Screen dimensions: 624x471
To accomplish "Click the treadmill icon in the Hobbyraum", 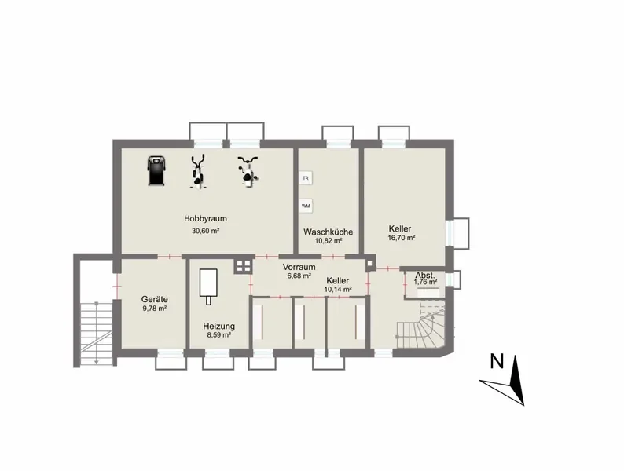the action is click(156, 171).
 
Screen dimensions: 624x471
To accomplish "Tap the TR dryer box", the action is click(306, 178).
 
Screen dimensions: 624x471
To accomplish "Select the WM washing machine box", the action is click(306, 206).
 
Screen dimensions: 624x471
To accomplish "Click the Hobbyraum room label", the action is click(205, 218).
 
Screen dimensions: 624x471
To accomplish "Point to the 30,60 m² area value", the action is click(206, 231).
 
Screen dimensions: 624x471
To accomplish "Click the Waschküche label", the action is click(328, 232).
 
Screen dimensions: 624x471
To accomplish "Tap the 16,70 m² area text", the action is click(402, 238).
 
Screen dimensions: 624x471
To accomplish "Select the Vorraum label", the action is click(299, 267).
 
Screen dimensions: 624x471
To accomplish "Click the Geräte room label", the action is click(154, 299).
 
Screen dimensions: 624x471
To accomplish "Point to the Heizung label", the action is click(219, 327).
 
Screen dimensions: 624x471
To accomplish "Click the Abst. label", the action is click(425, 276).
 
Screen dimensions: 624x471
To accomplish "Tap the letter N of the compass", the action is click(497, 361).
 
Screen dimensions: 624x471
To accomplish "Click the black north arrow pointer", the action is click(516, 381).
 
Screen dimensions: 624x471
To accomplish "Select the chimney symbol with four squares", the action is click(243, 265).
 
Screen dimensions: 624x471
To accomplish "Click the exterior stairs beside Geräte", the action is click(97, 333).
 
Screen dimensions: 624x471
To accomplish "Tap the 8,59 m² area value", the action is click(219, 335).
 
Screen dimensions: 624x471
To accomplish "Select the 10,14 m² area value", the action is click(338, 290).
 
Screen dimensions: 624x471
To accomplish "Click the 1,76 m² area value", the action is click(425, 282).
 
